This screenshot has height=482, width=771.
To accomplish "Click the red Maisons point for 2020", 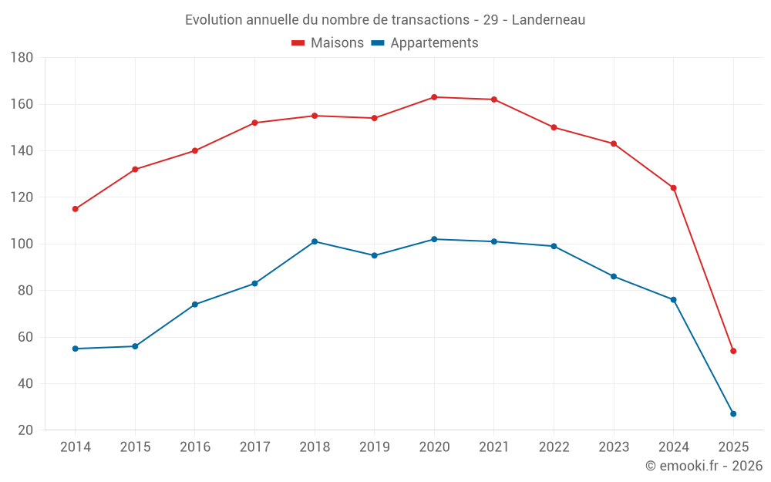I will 434,97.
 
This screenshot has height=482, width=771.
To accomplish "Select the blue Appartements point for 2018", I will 315,241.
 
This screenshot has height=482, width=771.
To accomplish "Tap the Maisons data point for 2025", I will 733,351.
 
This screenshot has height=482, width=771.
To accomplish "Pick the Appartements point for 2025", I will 733,414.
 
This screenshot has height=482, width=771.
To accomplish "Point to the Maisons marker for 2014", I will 75,209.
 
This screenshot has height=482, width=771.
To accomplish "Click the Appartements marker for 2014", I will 75,349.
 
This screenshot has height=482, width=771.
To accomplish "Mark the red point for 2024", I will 673,188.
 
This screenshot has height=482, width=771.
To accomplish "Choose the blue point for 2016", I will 195,305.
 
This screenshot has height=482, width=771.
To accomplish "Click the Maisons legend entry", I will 328,43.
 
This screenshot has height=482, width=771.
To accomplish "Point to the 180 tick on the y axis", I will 22,58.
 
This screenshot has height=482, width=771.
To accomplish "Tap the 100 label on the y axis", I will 22,244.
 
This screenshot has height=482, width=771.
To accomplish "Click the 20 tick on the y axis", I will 25,430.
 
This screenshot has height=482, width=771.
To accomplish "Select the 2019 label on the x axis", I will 374,447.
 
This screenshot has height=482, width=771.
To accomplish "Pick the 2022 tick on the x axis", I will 554,447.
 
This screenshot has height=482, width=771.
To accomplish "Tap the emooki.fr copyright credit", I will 704,466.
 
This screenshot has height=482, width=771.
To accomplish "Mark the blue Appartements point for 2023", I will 614,276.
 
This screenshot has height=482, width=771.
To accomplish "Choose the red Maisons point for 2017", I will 254,123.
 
